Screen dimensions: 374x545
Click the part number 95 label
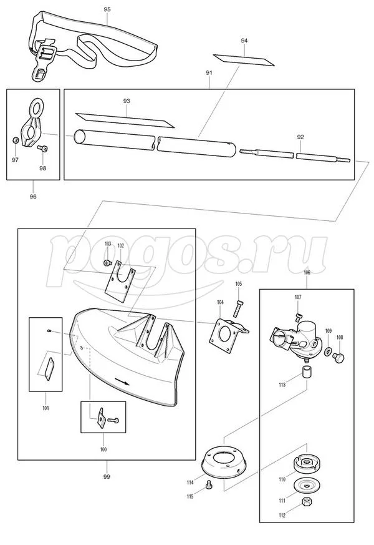pyautogui.click(x=107, y=9)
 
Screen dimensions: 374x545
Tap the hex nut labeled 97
pyautogui.click(x=15, y=140)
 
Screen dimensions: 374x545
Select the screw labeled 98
pyautogui.click(x=42, y=149)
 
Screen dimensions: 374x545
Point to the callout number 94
pyautogui.click(x=244, y=41)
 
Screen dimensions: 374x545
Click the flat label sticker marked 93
pyautogui.click(x=125, y=120)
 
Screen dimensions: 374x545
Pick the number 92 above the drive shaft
pyautogui.click(x=300, y=137)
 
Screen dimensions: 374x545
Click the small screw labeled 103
pyautogui.click(x=108, y=263)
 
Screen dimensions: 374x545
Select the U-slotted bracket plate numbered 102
pyautogui.click(x=120, y=281)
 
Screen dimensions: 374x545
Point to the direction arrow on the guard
pyautogui.click(x=122, y=381)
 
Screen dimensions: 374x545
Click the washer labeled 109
pyautogui.click(x=327, y=352)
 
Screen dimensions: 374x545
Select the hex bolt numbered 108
pyautogui.click(x=338, y=357)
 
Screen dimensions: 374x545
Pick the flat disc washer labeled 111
pyautogui.click(x=306, y=485)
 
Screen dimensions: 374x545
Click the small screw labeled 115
pyautogui.click(x=209, y=484)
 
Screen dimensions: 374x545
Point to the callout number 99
pyautogui.click(x=107, y=476)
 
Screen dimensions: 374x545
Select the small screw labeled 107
pyautogui.click(x=298, y=317)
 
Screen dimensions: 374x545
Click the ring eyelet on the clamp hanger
pyautogui.click(x=36, y=108)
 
